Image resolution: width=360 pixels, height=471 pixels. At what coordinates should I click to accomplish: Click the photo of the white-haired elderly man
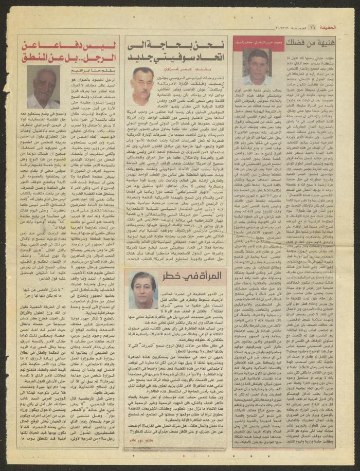(x=42, y=88)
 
